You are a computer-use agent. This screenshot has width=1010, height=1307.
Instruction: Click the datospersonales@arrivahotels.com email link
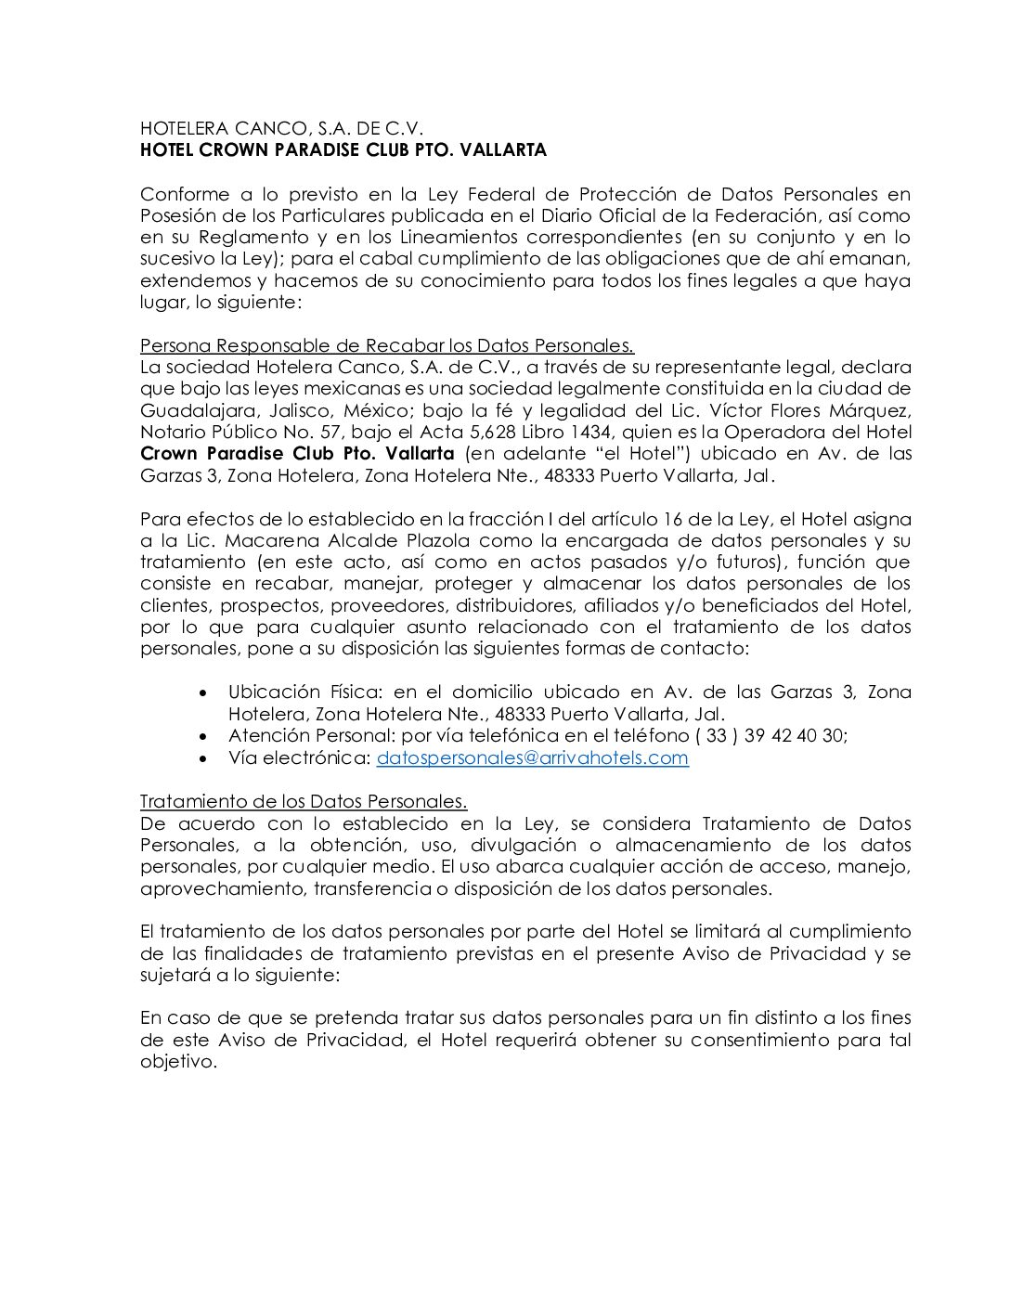click(532, 757)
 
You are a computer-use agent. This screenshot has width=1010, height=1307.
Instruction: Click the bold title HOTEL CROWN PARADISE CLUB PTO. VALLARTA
click(343, 150)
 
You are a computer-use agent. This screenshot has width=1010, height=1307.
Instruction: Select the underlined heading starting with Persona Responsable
click(387, 345)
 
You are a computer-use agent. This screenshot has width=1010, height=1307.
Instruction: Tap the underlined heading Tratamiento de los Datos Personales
click(304, 801)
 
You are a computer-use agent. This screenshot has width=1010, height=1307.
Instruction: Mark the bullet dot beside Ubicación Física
click(204, 692)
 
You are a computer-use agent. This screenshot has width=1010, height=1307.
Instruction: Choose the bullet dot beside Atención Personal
click(204, 735)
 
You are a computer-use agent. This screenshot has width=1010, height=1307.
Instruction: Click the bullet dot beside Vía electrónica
click(204, 757)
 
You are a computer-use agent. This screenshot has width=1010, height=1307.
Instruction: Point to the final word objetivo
click(177, 1061)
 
